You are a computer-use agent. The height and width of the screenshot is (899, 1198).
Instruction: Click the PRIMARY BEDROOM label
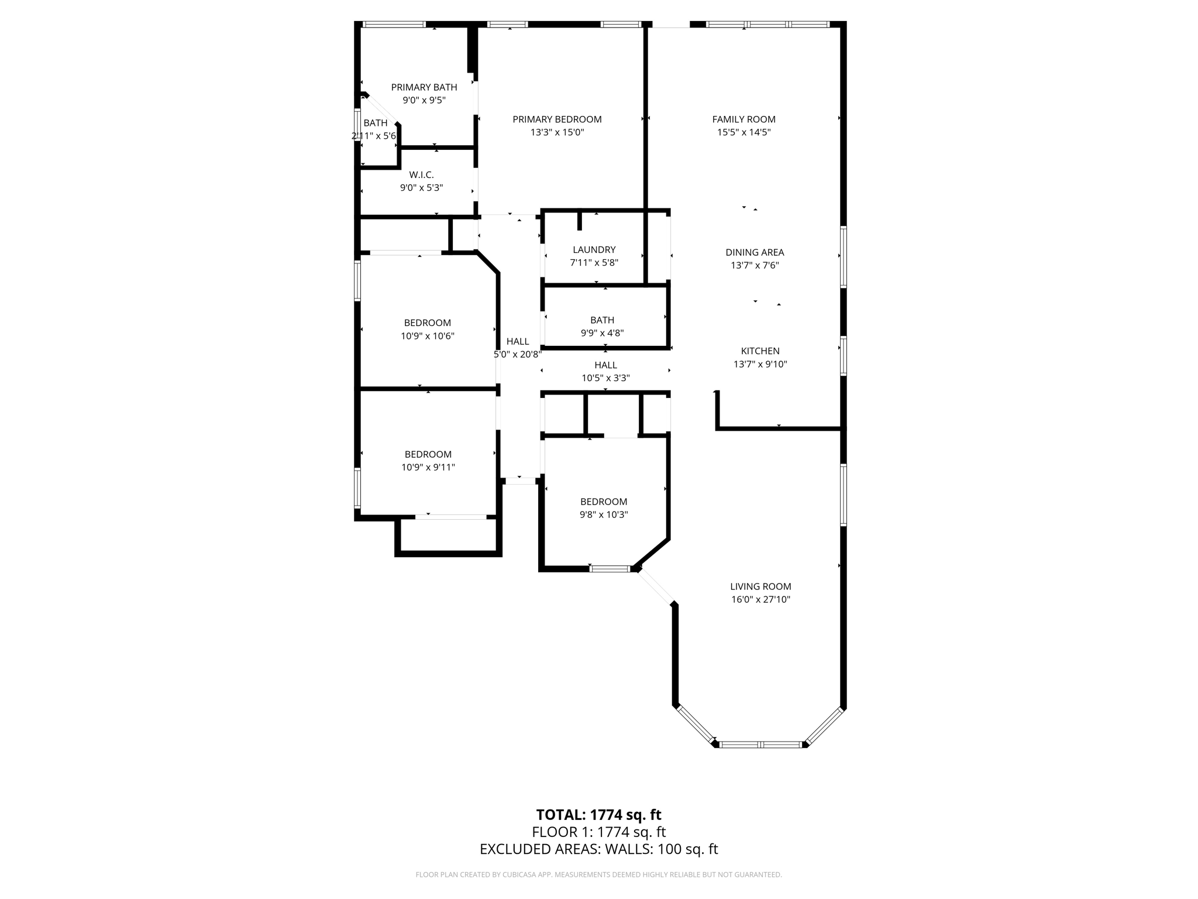click(557, 119)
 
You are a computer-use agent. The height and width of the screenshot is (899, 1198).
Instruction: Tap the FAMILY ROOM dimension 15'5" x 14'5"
click(743, 132)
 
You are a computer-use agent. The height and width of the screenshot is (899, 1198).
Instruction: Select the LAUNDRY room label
click(594, 250)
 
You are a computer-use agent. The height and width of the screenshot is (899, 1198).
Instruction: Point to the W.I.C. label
click(421, 175)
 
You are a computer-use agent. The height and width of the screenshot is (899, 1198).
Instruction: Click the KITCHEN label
click(760, 351)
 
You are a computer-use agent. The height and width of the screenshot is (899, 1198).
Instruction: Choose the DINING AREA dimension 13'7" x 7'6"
click(755, 265)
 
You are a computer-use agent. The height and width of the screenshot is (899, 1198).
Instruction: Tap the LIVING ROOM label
click(760, 586)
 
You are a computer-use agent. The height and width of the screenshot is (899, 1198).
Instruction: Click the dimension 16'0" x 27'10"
click(760, 599)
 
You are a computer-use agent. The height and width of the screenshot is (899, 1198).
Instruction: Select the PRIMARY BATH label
click(424, 87)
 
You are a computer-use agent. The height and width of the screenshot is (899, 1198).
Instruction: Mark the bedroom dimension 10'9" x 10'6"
click(427, 336)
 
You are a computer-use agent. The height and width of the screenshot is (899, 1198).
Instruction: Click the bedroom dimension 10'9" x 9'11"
click(428, 467)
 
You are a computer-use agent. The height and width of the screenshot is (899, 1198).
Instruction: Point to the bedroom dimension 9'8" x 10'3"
click(604, 514)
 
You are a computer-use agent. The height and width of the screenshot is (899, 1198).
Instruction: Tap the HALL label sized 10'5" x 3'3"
click(605, 365)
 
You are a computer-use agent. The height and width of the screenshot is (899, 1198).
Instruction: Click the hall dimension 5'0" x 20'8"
click(518, 354)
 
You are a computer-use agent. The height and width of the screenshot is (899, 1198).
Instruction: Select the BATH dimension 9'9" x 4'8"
click(602, 333)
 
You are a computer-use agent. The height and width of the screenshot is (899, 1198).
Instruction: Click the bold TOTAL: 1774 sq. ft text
click(598, 815)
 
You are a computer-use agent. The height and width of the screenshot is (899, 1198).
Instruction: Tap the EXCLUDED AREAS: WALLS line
click(598, 849)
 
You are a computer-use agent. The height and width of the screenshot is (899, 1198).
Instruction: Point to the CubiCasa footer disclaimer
click(598, 874)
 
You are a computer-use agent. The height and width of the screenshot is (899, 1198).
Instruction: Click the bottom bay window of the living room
click(760, 744)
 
